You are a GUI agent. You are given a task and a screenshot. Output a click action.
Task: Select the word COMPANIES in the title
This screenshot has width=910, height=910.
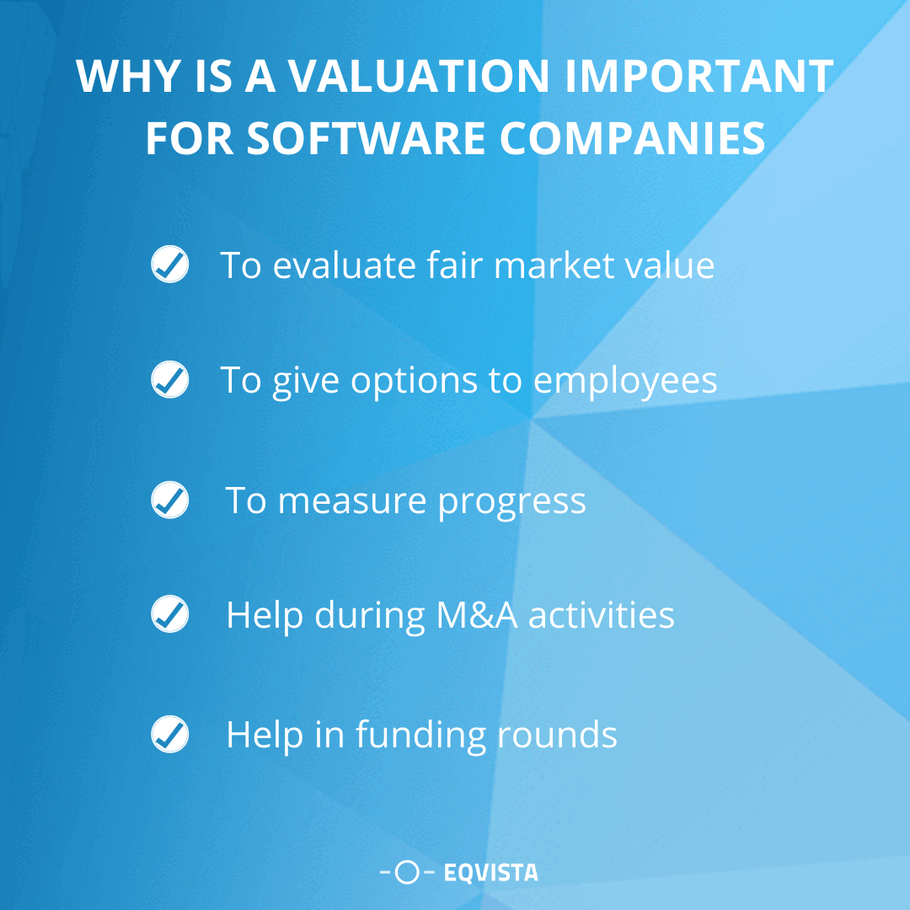pyautogui.click(x=633, y=139)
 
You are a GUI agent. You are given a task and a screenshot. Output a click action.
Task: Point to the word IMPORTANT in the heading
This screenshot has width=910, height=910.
pyautogui.click(x=699, y=77)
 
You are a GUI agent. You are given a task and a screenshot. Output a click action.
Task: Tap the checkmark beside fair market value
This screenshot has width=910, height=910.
pyautogui.click(x=169, y=265)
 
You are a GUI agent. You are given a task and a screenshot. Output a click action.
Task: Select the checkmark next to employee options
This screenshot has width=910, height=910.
pyautogui.click(x=169, y=380)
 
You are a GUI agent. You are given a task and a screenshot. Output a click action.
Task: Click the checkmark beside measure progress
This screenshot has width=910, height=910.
pyautogui.click(x=169, y=500)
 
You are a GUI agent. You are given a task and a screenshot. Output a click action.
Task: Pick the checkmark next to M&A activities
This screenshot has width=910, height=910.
pyautogui.click(x=169, y=614)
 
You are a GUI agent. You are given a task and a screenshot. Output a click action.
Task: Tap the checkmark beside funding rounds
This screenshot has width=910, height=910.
pyautogui.click(x=169, y=734)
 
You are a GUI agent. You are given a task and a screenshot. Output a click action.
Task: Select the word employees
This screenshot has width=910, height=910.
pyautogui.click(x=625, y=382)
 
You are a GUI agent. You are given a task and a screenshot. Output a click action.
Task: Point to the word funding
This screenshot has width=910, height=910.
pyautogui.click(x=420, y=736)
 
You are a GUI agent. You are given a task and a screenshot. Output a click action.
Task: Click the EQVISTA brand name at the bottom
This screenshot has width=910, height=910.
pyautogui.click(x=490, y=873)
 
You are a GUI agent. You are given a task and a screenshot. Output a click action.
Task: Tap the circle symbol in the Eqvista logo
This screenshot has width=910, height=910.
pyautogui.click(x=407, y=873)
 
